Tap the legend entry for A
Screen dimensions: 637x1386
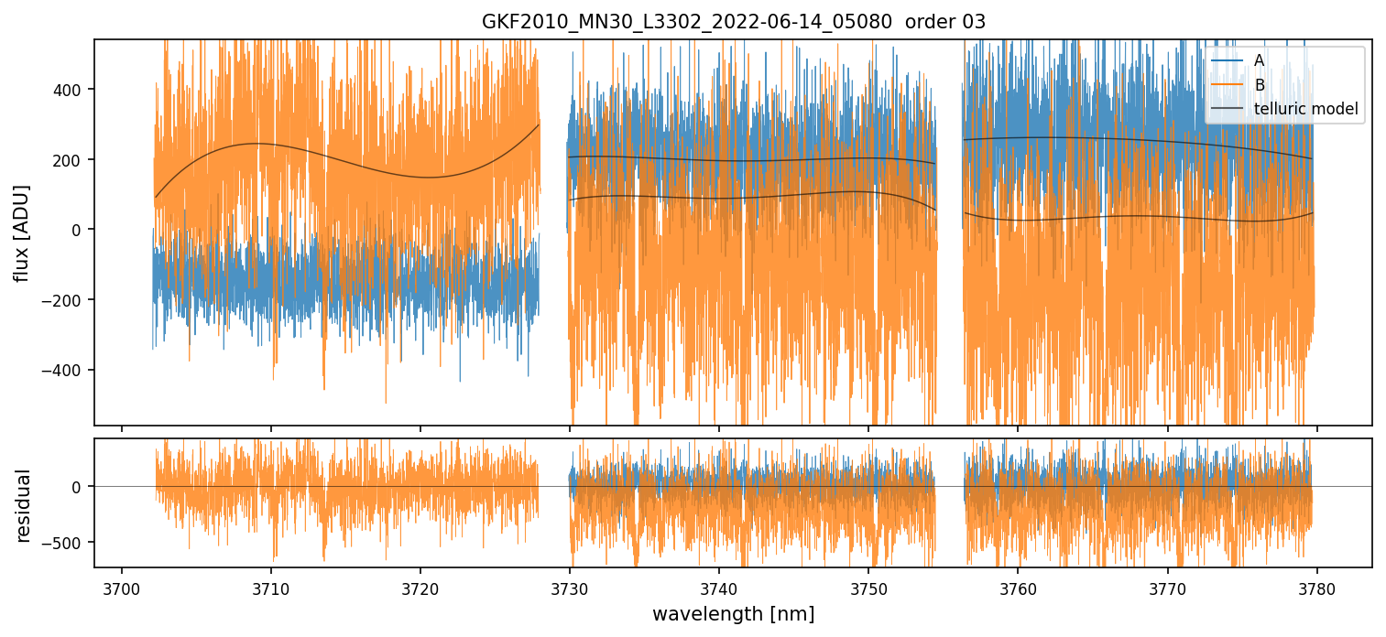click(x=1259, y=60)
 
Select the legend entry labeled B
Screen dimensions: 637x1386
click(x=1259, y=85)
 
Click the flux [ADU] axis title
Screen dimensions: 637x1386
click(x=22, y=232)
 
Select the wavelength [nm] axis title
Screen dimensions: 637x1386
click(x=733, y=614)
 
